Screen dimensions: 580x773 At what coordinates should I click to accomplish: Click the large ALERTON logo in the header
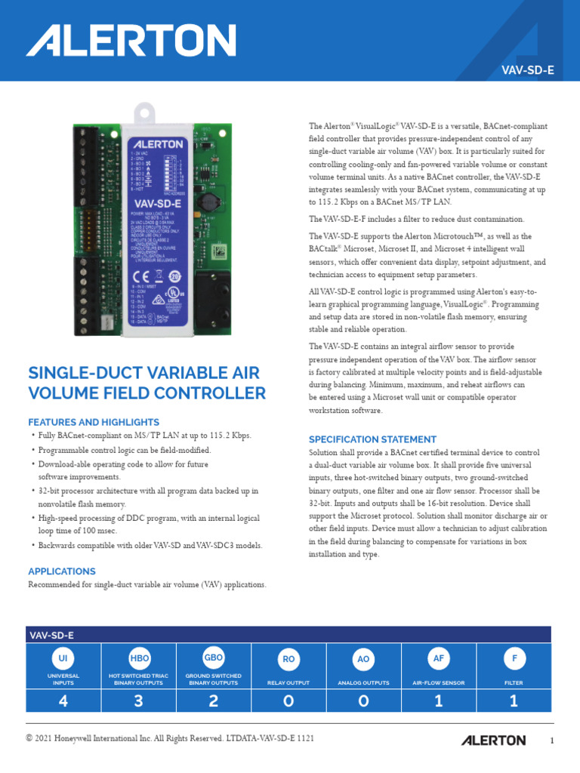pos(131,40)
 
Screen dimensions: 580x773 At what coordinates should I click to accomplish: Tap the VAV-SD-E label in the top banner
pos(529,70)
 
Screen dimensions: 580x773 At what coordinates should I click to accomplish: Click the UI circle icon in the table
pos(63,658)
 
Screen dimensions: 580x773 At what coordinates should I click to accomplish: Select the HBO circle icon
pos(140,658)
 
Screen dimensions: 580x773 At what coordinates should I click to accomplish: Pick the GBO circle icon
pos(214,657)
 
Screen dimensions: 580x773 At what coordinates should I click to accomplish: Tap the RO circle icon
pos(288,659)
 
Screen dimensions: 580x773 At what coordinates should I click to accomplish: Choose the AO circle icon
pos(363,659)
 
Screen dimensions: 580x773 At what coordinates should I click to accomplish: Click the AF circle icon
pos(438,658)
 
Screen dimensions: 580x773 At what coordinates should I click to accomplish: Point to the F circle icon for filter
pos(514,658)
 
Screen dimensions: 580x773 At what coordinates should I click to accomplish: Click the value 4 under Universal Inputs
pos(63,701)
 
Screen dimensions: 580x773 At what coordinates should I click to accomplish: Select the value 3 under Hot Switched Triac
pos(139,701)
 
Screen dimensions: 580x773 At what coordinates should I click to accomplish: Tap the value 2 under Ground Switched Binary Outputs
pos(214,701)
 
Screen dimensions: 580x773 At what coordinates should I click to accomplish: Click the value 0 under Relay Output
pos(288,701)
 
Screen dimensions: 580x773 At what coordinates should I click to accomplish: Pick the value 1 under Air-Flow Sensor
pos(439,701)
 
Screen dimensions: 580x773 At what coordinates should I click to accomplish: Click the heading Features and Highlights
pos(94,422)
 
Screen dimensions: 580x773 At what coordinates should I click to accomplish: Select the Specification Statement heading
pos(372,439)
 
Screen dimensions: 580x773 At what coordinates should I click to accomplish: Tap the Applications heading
pos(62,571)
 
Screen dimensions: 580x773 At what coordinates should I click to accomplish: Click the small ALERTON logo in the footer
pos(494,740)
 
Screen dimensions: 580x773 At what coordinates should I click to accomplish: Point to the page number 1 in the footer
pos(552,741)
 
